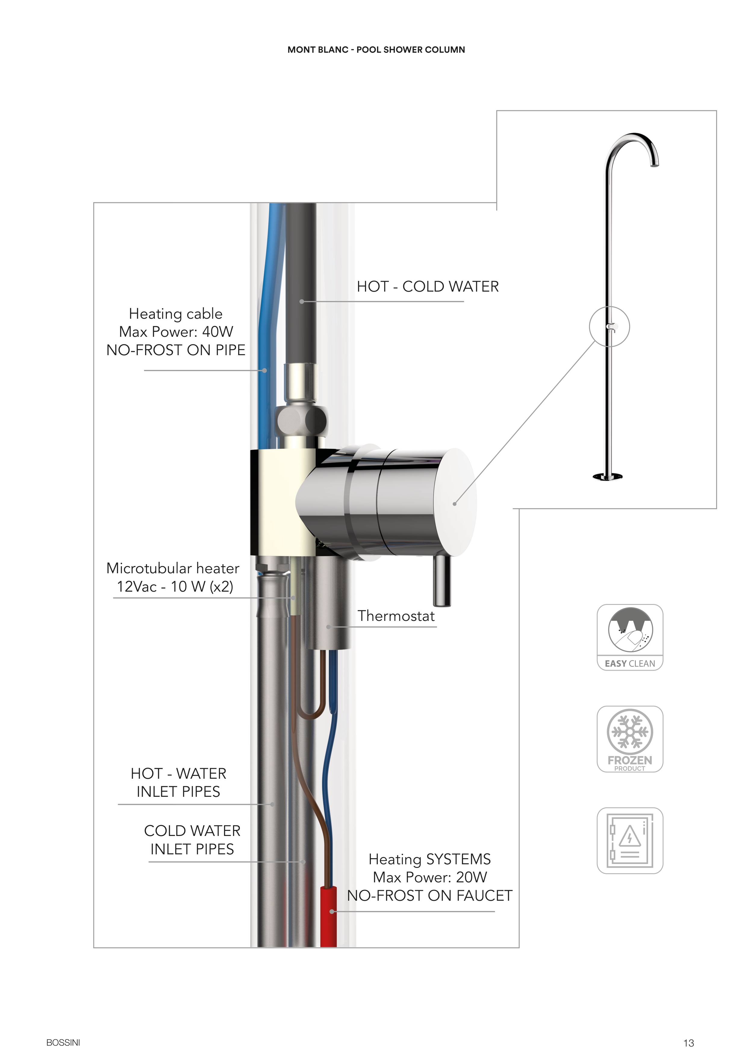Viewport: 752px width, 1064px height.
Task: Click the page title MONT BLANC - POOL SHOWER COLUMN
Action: (x=376, y=50)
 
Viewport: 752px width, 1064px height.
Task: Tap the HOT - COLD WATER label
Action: (x=428, y=286)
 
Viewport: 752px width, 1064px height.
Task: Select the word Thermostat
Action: (x=396, y=616)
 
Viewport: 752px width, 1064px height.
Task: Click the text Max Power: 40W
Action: (x=176, y=332)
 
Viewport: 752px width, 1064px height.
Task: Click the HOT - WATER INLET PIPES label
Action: (x=178, y=782)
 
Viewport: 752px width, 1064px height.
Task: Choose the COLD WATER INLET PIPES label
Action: (x=192, y=840)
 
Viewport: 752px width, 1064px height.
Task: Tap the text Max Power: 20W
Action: (x=430, y=877)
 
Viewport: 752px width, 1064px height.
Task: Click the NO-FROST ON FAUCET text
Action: (x=430, y=896)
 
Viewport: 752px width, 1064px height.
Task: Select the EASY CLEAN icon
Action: (x=630, y=637)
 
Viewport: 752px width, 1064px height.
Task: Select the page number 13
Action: (x=688, y=1043)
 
